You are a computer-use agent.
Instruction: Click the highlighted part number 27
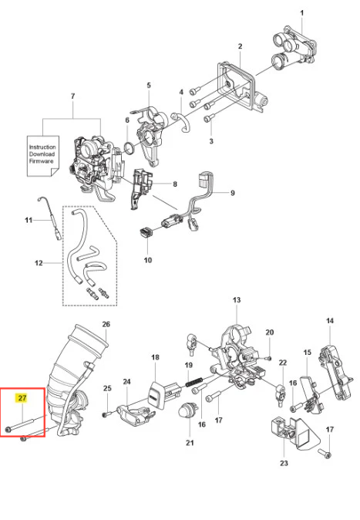coord(22,397)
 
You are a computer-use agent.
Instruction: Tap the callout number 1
coord(302,13)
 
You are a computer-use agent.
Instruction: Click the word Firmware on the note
coord(41,161)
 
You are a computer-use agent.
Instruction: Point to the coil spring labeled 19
coord(193,383)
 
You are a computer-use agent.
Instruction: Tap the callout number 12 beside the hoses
coord(39,263)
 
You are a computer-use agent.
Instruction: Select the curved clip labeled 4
coord(182,121)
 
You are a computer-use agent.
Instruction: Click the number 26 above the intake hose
coord(106,324)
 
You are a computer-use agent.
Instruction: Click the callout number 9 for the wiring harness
coord(232,193)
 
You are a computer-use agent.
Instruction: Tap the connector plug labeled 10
coord(146,231)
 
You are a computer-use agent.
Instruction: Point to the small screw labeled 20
coord(269,358)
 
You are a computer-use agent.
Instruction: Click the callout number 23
coord(284,463)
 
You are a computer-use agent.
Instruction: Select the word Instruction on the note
coord(42,147)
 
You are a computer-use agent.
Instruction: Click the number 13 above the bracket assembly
coord(237,300)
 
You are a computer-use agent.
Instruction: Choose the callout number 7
coord(73,96)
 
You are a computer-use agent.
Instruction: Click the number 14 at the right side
coord(330,321)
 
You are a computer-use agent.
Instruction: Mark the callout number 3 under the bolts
coord(211,141)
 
